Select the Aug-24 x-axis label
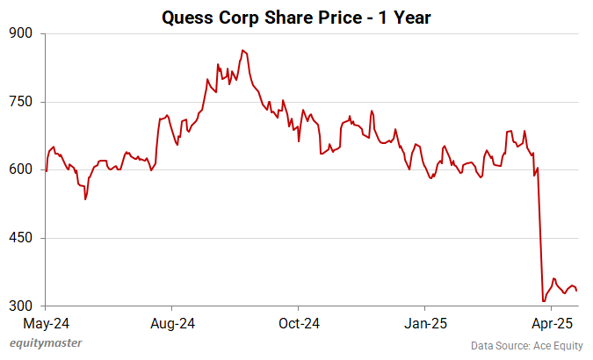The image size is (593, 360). [x=172, y=323]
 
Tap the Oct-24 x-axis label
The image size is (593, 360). [x=298, y=323]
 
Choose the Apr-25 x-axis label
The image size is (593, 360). [x=551, y=323]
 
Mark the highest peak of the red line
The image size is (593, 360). [x=242, y=51]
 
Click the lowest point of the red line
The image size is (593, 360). [x=544, y=301]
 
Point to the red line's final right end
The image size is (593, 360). [x=576, y=291]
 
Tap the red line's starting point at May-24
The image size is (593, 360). [x=46, y=170]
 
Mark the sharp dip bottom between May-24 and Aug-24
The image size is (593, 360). [x=85, y=199]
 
